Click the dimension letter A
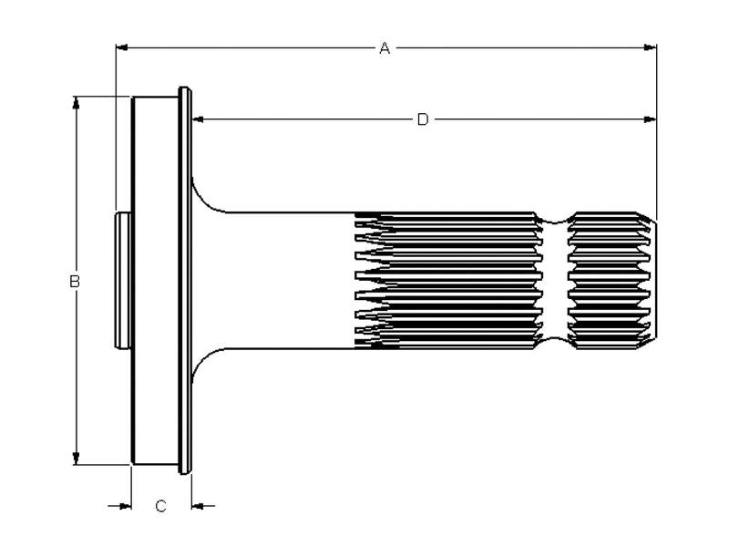[x=385, y=48]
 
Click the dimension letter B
[x=75, y=282]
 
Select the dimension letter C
[x=161, y=506]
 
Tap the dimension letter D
[x=423, y=119]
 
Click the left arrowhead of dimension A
[x=121, y=47]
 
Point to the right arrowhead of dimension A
[x=650, y=47]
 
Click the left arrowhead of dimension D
[x=198, y=119]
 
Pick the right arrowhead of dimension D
[x=650, y=119]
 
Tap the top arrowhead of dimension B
[x=77, y=103]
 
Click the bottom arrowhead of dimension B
[x=77, y=459]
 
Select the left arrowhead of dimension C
[x=125, y=506]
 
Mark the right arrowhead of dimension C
[x=198, y=506]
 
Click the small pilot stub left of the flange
[x=123, y=281]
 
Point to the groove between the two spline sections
[x=555, y=281]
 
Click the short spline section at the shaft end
[x=612, y=281]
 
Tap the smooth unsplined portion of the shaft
[x=288, y=281]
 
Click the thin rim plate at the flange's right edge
[x=185, y=281]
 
